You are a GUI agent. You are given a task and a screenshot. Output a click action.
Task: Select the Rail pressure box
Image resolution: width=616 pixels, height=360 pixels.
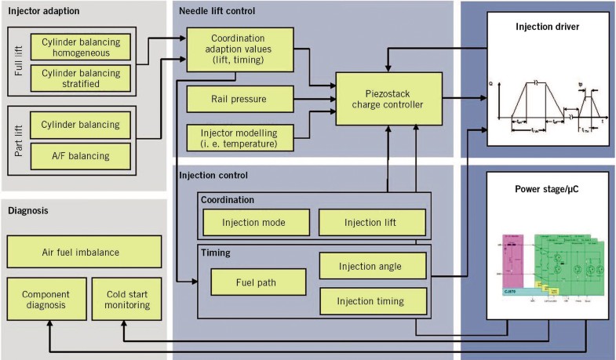(x=239, y=99)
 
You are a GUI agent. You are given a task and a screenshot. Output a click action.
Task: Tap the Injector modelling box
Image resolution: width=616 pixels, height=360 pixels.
(x=239, y=136)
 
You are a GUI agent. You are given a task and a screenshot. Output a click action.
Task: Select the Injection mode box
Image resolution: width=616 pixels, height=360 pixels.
(x=254, y=222)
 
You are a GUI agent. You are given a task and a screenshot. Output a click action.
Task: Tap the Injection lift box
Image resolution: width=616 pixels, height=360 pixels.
(x=373, y=222)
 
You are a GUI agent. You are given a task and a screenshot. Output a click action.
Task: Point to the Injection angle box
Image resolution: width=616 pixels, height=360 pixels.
(x=373, y=266)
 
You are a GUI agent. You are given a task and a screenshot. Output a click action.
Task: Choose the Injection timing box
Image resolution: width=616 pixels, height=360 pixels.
(x=373, y=300)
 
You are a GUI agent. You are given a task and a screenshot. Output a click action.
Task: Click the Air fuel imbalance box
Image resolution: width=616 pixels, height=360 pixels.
(x=83, y=253)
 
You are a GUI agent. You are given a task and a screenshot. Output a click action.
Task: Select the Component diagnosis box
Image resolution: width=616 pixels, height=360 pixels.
(x=45, y=297)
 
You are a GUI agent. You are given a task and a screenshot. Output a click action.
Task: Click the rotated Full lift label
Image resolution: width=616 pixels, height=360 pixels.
(x=19, y=63)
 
